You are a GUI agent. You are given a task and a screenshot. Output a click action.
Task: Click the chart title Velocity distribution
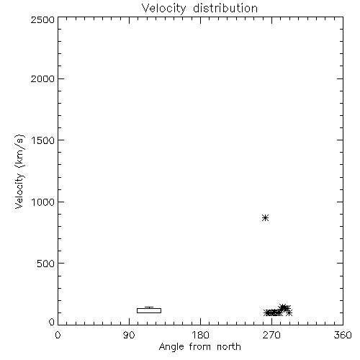(199, 9)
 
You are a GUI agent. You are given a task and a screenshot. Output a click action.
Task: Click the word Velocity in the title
(163, 9)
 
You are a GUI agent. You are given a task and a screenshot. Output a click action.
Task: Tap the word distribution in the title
(225, 8)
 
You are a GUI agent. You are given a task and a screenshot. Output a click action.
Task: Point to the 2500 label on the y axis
(42, 19)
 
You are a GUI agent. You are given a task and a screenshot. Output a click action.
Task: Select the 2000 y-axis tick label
(42, 78)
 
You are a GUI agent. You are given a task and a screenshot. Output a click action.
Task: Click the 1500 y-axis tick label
(43, 140)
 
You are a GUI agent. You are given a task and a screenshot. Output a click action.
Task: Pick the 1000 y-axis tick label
(43, 202)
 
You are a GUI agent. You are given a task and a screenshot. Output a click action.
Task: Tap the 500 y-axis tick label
(46, 264)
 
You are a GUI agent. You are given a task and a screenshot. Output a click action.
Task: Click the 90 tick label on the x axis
(129, 335)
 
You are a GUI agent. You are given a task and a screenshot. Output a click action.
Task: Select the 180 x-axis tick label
(200, 335)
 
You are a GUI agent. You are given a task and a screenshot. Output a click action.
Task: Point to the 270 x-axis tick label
(271, 335)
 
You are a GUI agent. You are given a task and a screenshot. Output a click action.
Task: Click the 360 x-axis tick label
(343, 335)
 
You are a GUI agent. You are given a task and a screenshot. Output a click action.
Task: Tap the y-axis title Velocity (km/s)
(19, 171)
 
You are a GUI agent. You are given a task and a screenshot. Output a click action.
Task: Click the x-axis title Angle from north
(199, 347)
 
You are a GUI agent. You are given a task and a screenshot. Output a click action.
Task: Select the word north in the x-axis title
(229, 346)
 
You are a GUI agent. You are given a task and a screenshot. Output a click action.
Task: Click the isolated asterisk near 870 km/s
(265, 218)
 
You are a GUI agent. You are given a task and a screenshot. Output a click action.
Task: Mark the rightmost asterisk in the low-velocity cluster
(289, 312)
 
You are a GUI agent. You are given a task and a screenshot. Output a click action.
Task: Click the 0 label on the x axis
(58, 335)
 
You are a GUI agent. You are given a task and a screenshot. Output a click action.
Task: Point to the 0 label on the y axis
(52, 322)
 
